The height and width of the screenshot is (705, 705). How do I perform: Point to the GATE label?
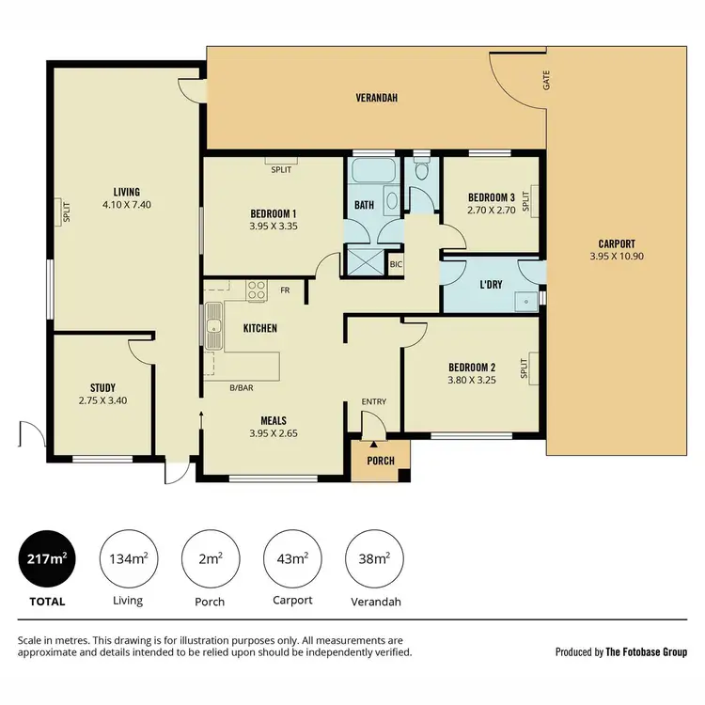pyautogui.click(x=546, y=82)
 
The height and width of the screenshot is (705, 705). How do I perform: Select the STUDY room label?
pyautogui.click(x=102, y=387)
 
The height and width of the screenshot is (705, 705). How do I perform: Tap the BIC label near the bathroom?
pyautogui.click(x=396, y=265)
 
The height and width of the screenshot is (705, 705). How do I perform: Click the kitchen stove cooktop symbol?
pyautogui.click(x=256, y=291)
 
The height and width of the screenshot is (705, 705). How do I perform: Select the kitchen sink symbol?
pyautogui.click(x=214, y=327)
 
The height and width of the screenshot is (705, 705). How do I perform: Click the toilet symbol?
pyautogui.click(x=422, y=170)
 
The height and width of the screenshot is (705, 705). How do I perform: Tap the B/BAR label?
pyautogui.click(x=242, y=387)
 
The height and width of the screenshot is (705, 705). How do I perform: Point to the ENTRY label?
pyautogui.click(x=374, y=402)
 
